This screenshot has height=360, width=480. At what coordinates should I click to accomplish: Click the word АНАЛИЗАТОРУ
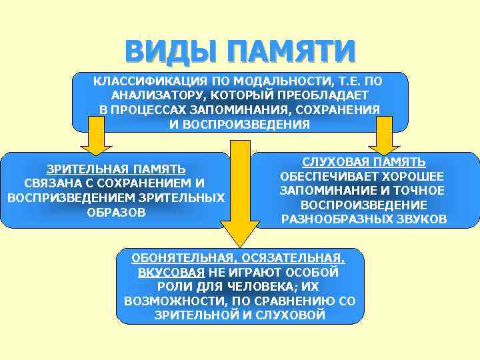(152, 95)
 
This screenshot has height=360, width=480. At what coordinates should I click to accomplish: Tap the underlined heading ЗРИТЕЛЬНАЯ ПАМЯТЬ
(115, 169)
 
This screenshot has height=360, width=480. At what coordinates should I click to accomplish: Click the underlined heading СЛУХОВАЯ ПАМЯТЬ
(364, 162)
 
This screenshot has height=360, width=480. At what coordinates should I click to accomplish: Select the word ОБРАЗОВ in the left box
(115, 213)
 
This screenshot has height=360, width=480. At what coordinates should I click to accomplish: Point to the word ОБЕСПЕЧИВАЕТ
(322, 177)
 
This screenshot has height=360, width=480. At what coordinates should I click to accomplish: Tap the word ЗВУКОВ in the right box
(421, 219)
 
